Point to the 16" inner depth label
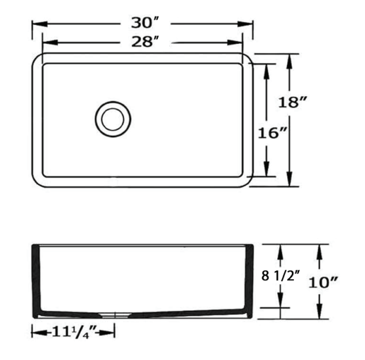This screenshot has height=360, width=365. pyautogui.click(x=273, y=133)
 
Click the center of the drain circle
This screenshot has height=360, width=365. pyautogui.click(x=112, y=119)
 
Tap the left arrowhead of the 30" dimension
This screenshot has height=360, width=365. pyautogui.click(x=36, y=24)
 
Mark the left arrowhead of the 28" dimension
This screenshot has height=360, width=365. pyautogui.click(x=46, y=42)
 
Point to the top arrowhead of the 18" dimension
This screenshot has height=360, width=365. pyautogui.click(x=290, y=58)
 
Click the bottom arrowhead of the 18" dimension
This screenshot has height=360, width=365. pyautogui.click(x=290, y=182)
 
